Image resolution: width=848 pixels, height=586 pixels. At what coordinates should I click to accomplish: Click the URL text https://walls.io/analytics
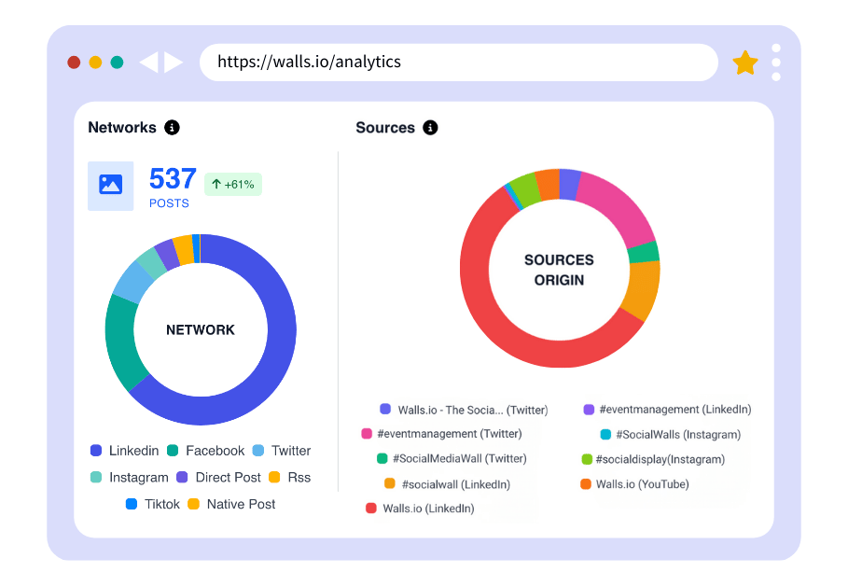click(x=309, y=63)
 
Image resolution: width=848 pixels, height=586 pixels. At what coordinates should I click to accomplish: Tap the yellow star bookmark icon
click(x=745, y=63)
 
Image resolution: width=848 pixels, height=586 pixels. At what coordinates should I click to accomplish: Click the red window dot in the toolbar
click(x=74, y=63)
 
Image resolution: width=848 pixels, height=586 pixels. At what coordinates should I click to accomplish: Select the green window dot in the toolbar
click(x=117, y=63)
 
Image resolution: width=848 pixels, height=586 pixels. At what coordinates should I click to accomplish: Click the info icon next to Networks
click(x=172, y=128)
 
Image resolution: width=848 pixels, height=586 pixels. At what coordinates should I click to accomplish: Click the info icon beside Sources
click(x=430, y=128)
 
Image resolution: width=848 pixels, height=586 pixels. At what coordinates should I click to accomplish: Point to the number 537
click(x=173, y=178)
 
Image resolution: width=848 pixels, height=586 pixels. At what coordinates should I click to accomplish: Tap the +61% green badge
click(x=233, y=184)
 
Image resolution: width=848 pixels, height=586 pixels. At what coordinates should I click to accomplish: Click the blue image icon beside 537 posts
click(x=111, y=186)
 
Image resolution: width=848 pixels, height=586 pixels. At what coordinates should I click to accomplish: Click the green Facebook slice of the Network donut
click(x=122, y=341)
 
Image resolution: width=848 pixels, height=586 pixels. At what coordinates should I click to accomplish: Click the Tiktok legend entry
click(x=154, y=504)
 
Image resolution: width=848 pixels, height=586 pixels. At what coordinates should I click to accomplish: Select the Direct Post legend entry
click(x=219, y=477)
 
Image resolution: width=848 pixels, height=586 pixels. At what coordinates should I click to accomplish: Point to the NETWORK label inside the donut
click(x=201, y=329)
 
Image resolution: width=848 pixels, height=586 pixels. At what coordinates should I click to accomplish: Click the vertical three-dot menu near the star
click(x=776, y=63)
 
